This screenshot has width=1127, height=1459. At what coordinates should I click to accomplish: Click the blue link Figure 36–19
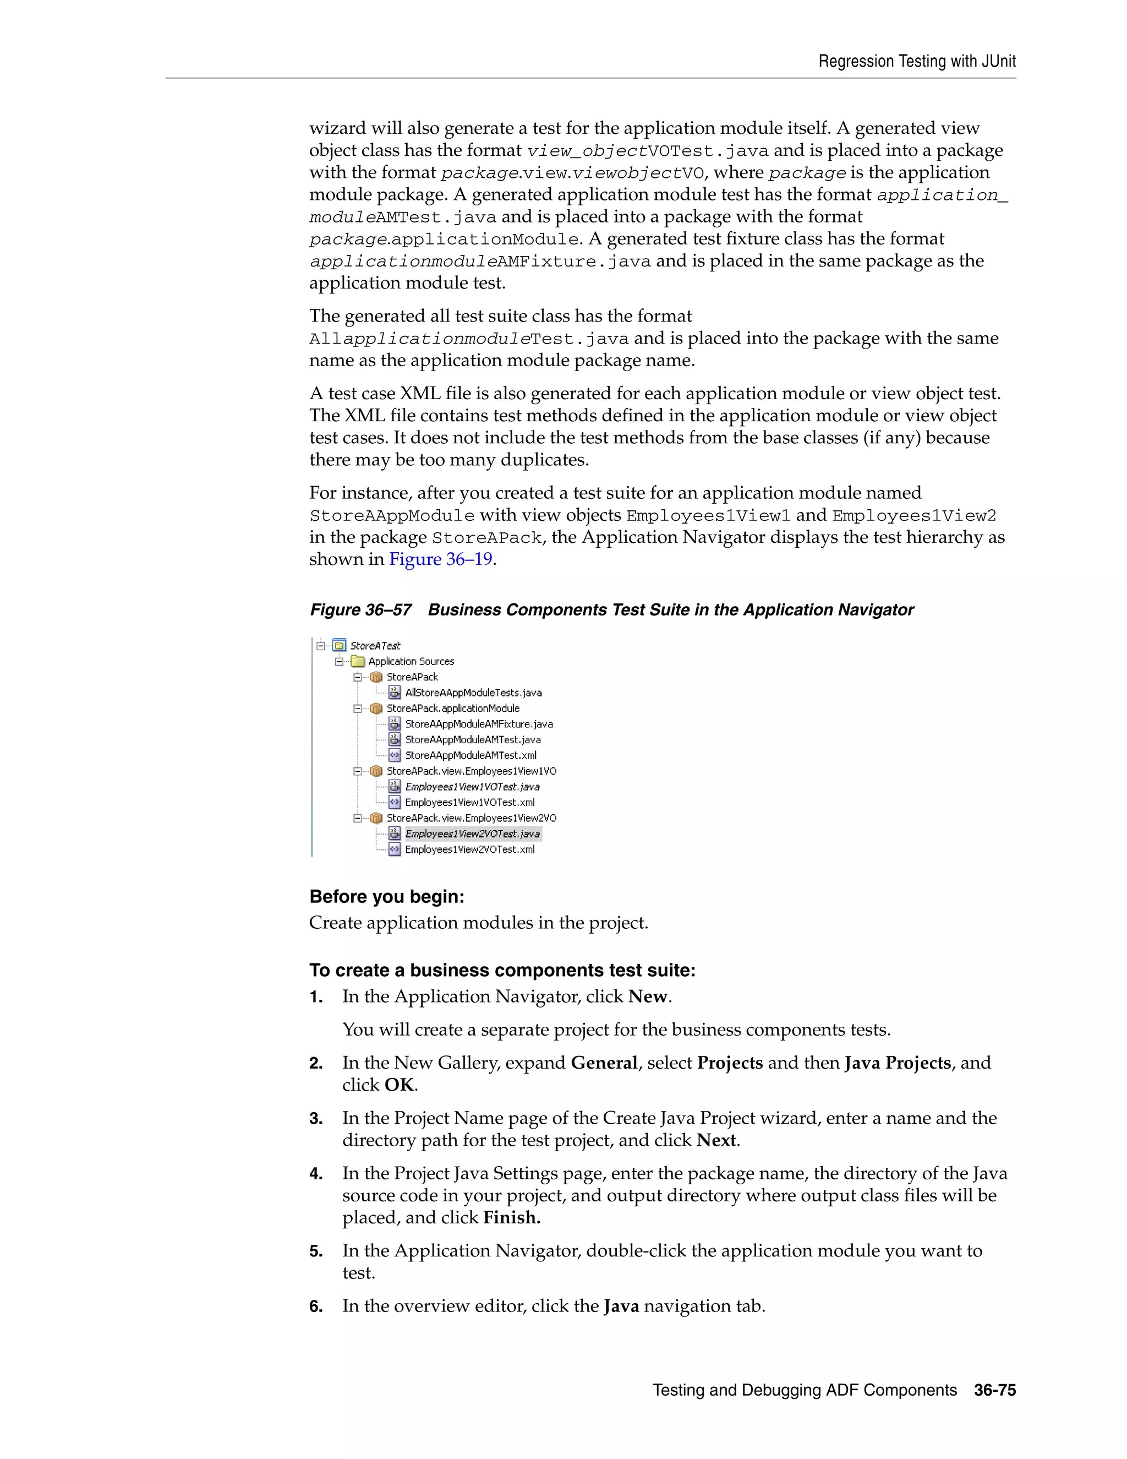(441, 559)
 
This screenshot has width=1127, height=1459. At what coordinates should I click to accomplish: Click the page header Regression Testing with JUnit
(917, 62)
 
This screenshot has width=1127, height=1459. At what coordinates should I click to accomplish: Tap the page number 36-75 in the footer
(994, 1390)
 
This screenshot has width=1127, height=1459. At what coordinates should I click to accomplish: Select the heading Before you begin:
(386, 896)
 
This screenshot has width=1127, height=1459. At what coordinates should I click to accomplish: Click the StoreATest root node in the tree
(375, 645)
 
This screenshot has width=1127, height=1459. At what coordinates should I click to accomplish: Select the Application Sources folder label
(411, 661)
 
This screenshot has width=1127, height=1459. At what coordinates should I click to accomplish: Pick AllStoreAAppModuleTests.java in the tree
(473, 693)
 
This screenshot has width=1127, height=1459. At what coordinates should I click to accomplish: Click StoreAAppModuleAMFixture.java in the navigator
(478, 724)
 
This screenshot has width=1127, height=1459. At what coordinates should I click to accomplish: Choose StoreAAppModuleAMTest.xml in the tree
(470, 755)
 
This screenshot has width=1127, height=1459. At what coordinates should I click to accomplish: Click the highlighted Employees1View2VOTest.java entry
(472, 834)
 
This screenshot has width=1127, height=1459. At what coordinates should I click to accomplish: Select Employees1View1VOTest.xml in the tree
(469, 802)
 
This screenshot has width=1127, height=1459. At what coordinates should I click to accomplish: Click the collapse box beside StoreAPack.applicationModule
(358, 708)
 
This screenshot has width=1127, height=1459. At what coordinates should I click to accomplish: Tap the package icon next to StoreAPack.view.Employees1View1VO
(376, 771)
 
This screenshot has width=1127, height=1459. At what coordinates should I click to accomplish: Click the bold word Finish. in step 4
(511, 1217)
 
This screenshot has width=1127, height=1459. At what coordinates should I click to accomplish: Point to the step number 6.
(316, 1306)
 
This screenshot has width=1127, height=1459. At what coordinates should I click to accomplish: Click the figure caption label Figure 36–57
(360, 610)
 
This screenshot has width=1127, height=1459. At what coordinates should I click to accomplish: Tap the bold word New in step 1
(648, 997)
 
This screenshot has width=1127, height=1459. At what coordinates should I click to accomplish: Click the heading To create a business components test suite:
(502, 970)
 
